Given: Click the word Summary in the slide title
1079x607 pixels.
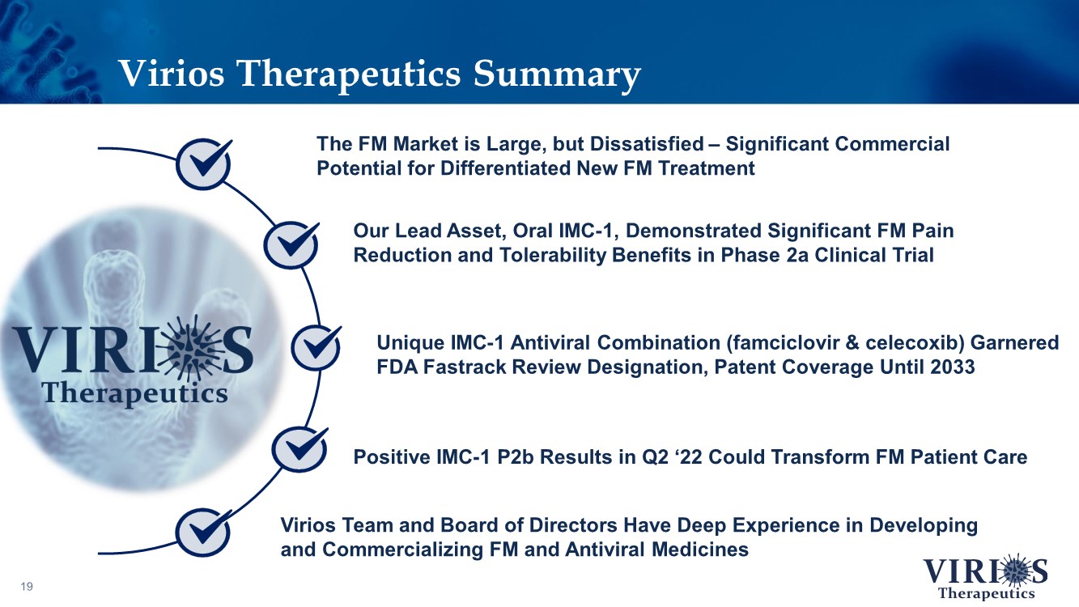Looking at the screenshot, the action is (557, 74).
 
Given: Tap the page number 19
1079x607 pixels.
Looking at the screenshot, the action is (27, 586).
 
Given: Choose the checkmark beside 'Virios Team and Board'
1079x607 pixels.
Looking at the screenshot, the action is (203, 533).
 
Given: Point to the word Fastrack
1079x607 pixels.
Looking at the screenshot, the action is (464, 367).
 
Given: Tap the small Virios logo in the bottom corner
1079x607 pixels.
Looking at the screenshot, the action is (986, 576).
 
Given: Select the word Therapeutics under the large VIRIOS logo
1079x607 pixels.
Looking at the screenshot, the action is (135, 394).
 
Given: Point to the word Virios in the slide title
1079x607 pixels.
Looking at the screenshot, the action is (172, 74).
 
